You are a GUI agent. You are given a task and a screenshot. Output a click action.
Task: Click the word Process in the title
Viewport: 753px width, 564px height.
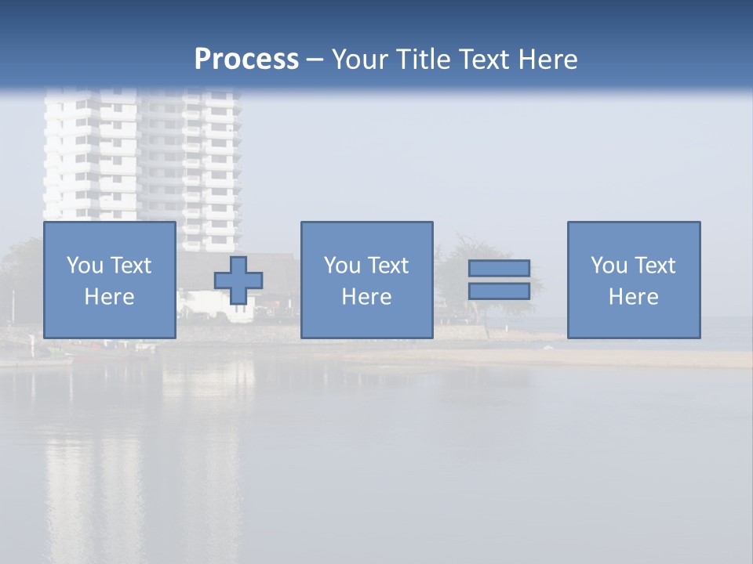point(246,60)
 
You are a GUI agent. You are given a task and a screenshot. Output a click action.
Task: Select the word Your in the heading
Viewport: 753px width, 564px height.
point(358,60)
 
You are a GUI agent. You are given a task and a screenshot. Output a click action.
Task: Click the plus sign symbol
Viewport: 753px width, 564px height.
point(238,280)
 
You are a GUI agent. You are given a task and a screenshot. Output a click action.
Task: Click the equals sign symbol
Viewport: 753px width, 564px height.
point(499,280)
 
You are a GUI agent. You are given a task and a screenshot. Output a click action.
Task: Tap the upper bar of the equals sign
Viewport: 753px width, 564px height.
point(499,269)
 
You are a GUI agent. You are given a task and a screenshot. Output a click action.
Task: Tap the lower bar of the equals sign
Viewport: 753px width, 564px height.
point(499,291)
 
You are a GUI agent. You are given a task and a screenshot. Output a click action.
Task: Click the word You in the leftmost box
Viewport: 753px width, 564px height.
point(85,266)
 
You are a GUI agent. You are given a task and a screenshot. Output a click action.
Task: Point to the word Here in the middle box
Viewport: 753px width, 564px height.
point(366,297)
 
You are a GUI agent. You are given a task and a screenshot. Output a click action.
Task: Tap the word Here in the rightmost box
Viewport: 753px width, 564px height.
point(634,297)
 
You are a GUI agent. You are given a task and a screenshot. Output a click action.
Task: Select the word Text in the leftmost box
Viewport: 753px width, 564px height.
point(131,266)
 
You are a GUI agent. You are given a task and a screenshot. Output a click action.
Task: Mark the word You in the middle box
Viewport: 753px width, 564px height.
point(342,266)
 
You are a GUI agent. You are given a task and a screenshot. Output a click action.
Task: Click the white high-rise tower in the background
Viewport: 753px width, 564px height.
point(141,157)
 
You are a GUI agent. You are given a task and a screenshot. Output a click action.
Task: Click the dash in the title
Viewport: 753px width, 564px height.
point(315,60)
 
